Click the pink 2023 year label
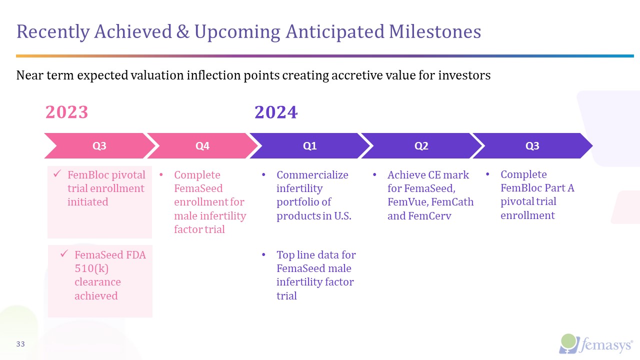coord(67,112)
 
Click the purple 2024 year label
coord(276,112)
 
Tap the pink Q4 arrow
coord(202,145)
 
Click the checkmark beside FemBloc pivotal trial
coord(57,173)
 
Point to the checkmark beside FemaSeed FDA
coord(64,253)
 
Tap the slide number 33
coord(20,344)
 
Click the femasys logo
coord(595,344)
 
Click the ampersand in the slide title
coord(183,31)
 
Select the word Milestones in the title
coord(435,31)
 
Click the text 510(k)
coord(91,268)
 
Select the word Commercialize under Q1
coord(312,175)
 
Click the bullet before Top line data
coord(263,254)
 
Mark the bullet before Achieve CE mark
coord(374,174)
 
